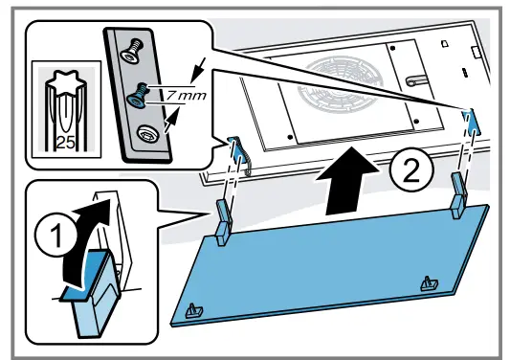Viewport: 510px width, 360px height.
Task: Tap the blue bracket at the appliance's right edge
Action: click(x=469, y=118)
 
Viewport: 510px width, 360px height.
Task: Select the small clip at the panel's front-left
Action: click(x=194, y=310)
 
